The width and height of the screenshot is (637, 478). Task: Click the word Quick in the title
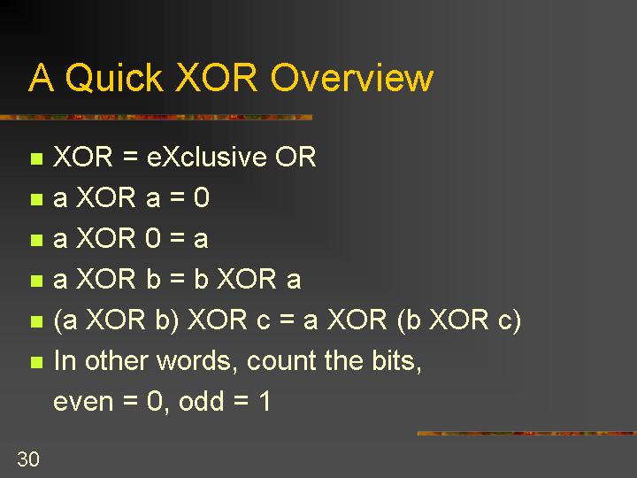114,78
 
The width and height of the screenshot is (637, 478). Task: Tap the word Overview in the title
352,77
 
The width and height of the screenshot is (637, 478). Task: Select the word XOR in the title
217,77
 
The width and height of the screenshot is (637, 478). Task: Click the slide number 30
28,459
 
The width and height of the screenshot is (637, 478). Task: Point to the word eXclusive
206,157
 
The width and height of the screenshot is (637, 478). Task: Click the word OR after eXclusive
295,157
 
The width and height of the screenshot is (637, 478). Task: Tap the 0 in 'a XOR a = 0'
201,197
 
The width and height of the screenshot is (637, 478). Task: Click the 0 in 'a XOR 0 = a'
153,238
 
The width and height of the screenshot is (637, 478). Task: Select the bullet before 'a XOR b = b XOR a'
36,281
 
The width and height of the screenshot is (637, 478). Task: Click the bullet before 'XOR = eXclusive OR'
36,158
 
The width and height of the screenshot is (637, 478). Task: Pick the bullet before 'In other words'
36,362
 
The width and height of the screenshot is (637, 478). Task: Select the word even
83,403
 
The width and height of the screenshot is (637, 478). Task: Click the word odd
201,401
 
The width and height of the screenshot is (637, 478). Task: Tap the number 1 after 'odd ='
265,401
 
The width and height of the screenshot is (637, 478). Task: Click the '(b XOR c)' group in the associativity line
459,320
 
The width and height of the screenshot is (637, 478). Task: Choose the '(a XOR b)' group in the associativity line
116,320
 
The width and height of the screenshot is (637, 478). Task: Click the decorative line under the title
156,118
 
